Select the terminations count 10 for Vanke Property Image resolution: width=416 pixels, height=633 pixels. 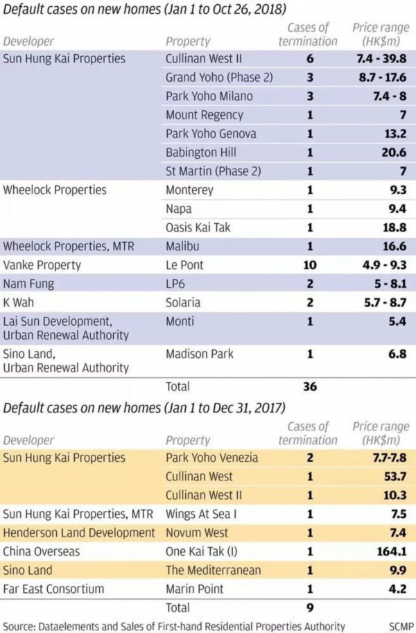310,265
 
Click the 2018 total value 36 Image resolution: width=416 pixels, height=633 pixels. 310,386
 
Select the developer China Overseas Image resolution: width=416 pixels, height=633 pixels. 42,552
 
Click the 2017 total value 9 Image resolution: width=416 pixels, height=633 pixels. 310,607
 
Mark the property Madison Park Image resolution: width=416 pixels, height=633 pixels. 200,354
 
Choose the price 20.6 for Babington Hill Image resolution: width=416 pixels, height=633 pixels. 394,152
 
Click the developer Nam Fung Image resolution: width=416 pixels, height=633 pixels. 28,284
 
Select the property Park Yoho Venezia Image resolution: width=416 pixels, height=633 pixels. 212,458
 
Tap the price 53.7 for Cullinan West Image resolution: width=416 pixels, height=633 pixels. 394,476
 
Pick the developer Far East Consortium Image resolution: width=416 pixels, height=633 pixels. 54,589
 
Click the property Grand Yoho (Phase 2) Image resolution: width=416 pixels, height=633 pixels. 219,77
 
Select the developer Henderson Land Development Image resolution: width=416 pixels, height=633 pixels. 80,532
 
